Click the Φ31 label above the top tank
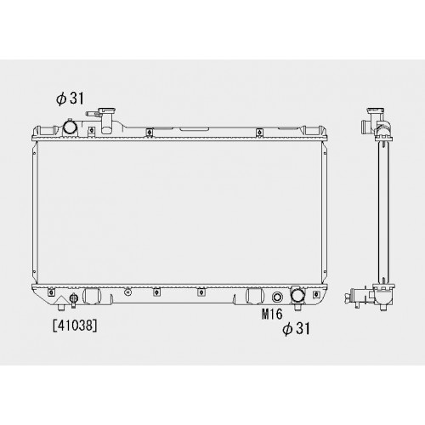[70, 99]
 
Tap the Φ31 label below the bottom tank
[296, 328]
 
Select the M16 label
[272, 314]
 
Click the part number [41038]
[75, 326]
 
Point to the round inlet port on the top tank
[70, 127]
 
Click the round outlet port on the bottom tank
[297, 295]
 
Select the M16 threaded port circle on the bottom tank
[277, 297]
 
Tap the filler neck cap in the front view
[106, 110]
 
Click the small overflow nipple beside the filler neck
[92, 114]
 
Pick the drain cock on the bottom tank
[74, 300]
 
